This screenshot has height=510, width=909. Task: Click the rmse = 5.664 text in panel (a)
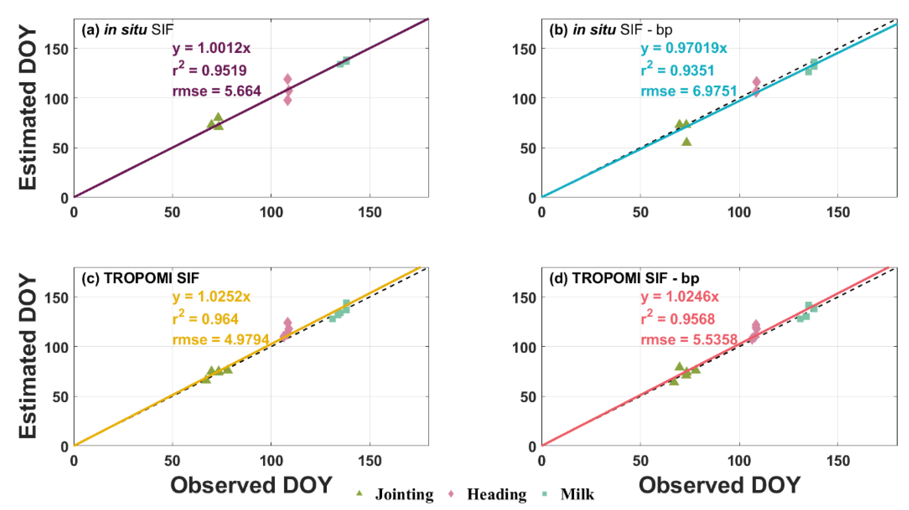click(216, 91)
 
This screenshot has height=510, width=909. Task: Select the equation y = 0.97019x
click(683, 48)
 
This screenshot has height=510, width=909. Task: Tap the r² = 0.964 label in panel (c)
click(205, 318)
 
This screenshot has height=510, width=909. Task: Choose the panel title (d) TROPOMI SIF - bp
click(624, 278)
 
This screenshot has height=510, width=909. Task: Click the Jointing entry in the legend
click(404, 494)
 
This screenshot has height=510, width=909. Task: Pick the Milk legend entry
click(577, 494)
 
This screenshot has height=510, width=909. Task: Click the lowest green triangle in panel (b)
click(686, 142)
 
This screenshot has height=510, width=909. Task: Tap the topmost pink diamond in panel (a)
click(287, 79)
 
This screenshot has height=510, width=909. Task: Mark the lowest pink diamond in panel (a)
click(287, 101)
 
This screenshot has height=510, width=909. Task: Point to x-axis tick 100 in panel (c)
click(271, 461)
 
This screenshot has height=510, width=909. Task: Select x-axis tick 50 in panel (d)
click(640, 461)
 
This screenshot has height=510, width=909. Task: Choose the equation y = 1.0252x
click(211, 297)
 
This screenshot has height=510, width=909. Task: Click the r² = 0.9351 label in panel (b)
click(678, 70)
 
